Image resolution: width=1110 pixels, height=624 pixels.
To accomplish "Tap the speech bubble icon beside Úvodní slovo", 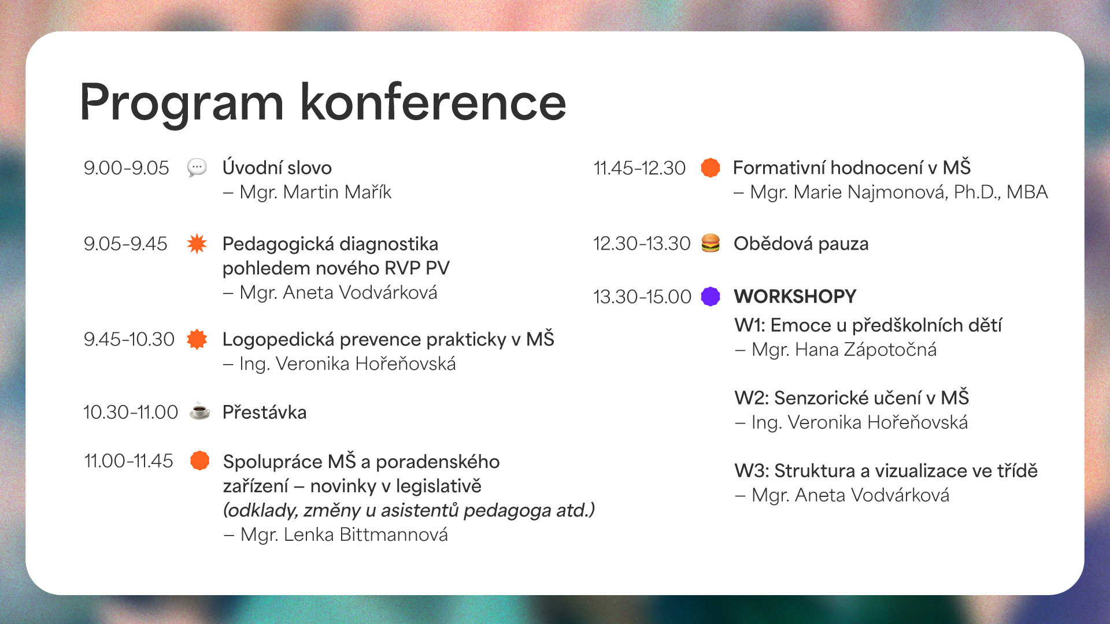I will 197,168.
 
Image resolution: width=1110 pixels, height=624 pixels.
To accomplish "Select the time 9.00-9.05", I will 126,168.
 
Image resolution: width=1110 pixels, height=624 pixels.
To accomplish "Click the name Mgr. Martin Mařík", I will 315,192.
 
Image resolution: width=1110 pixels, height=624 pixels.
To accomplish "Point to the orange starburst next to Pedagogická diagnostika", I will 197,244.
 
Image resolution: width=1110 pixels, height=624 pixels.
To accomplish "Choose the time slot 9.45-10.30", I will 129,339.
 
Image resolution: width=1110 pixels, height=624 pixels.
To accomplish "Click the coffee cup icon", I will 200,411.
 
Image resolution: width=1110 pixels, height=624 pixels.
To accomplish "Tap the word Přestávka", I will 264,413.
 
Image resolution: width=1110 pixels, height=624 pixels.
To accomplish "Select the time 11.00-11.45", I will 128,461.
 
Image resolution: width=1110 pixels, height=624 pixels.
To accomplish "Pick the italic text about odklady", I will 409,510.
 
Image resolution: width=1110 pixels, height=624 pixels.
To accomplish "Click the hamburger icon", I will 711,243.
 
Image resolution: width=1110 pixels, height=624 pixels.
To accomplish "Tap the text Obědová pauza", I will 801,244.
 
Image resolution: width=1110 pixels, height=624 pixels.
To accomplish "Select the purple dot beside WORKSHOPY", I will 711,296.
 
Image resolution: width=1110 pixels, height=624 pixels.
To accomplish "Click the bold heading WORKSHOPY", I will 795,296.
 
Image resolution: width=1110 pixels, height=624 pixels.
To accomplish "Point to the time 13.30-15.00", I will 642,297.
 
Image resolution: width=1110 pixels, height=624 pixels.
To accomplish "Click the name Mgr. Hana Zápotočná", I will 843,350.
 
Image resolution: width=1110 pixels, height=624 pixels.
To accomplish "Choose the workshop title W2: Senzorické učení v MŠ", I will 851,398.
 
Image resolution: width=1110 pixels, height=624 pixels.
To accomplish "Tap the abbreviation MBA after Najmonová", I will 1027,192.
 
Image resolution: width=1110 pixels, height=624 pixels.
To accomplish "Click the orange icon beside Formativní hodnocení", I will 711,168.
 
